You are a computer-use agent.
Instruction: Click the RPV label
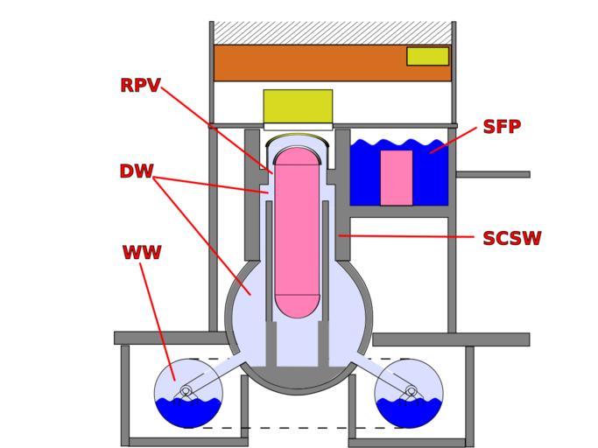point(140,86)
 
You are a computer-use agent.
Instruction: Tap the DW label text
point(136,171)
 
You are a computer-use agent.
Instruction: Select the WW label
point(141,253)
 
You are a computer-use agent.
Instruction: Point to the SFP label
point(502,127)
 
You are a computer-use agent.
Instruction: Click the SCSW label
point(511,239)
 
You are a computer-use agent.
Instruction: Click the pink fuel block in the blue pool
point(396,178)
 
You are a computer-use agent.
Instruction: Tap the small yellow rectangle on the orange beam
point(427,56)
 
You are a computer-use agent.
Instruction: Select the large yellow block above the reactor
point(298,107)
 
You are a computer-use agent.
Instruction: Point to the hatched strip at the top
point(333,33)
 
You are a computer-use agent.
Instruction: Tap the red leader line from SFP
point(454,140)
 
